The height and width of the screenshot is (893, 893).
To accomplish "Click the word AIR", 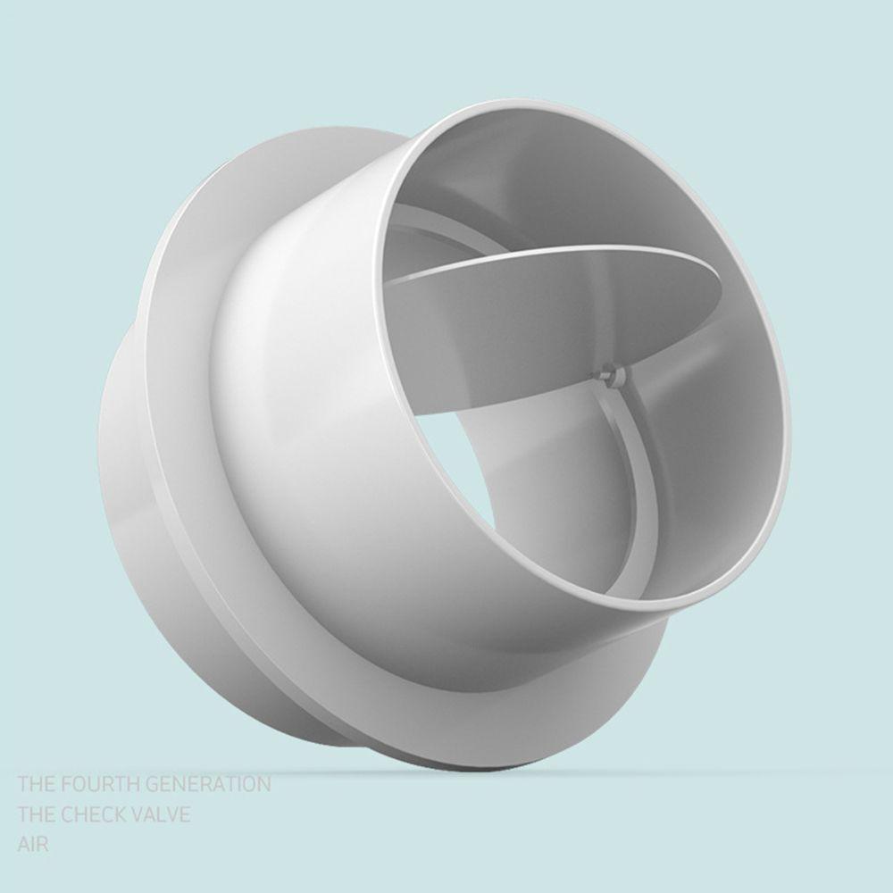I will (32, 843).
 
